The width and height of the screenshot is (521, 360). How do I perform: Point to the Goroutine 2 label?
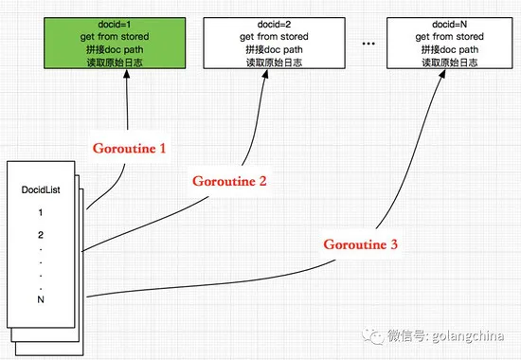pos(228,180)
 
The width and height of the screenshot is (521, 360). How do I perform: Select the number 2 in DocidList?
pos(40,233)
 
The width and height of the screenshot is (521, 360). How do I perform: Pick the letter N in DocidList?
pos(40,298)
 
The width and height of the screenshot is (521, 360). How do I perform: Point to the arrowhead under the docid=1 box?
pos(127,75)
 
